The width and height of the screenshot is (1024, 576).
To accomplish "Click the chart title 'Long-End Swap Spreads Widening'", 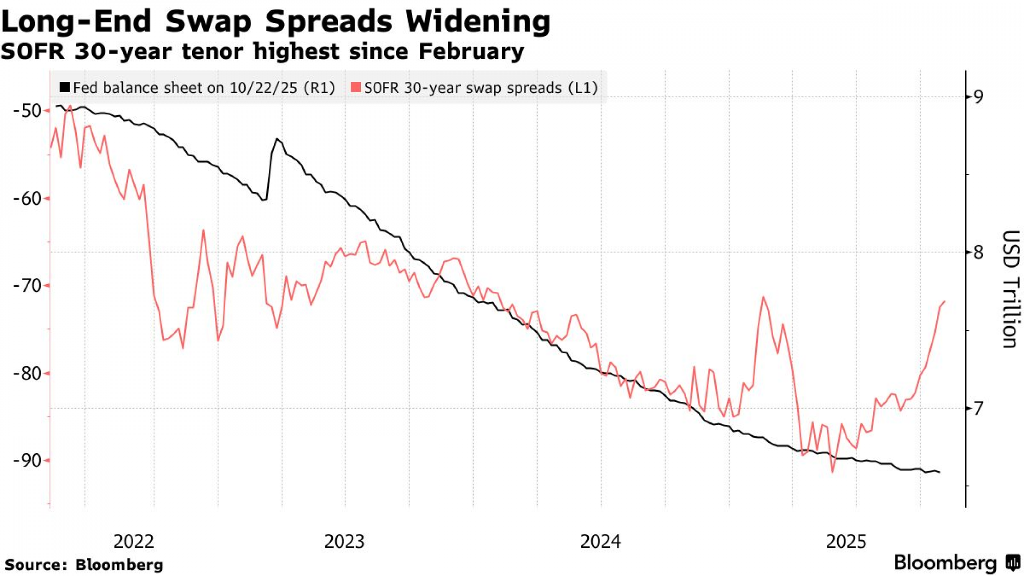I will (275, 22).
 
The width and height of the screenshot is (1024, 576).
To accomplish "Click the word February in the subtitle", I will (471, 51).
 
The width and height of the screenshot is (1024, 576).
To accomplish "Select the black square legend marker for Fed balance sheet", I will (65, 87).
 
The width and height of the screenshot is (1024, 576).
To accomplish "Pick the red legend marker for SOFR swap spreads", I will (355, 87).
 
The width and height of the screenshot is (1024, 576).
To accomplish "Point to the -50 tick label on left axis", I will (27, 111).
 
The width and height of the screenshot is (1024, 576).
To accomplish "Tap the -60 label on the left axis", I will (27, 198).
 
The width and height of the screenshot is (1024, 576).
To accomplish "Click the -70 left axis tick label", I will (27, 285).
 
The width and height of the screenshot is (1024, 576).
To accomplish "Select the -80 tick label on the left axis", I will (27, 373).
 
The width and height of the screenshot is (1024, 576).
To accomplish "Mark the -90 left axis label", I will (27, 460).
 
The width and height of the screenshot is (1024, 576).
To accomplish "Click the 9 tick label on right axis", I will (978, 96).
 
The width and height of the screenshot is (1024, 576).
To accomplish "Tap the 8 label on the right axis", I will (978, 252).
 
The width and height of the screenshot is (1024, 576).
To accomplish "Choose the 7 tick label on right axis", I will (978, 408).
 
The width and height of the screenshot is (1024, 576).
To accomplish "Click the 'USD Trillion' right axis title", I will (1010, 289).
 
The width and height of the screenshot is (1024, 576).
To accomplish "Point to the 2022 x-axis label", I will (134, 541).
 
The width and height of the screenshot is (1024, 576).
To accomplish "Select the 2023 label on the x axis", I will (344, 541).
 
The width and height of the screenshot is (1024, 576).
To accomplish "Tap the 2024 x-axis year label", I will (600, 541).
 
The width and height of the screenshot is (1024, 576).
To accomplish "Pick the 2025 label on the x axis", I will (846, 541).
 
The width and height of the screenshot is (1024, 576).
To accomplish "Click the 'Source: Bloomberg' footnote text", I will (84, 565).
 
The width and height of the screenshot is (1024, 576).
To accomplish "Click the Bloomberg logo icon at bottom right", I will (1013, 563).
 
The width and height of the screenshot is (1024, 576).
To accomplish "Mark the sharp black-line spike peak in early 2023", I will (276, 139).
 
